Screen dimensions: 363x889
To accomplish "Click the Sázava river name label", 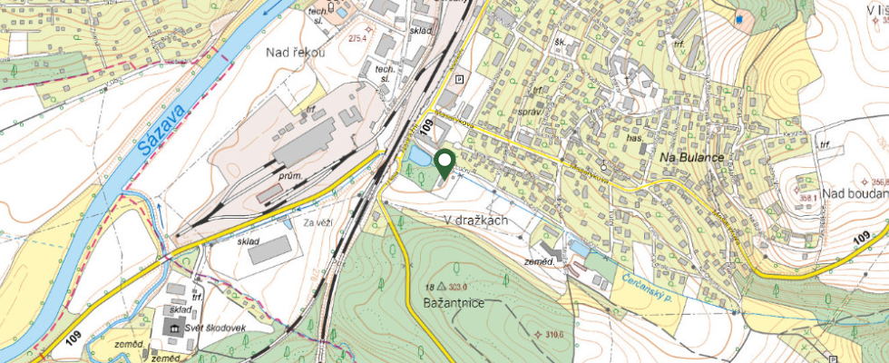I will click(x=163, y=137).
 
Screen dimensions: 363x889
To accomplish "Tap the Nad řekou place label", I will click(x=296, y=53).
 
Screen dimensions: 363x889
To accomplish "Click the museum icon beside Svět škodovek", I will click(x=171, y=327).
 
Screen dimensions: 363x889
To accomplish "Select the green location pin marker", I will click(x=444, y=163).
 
